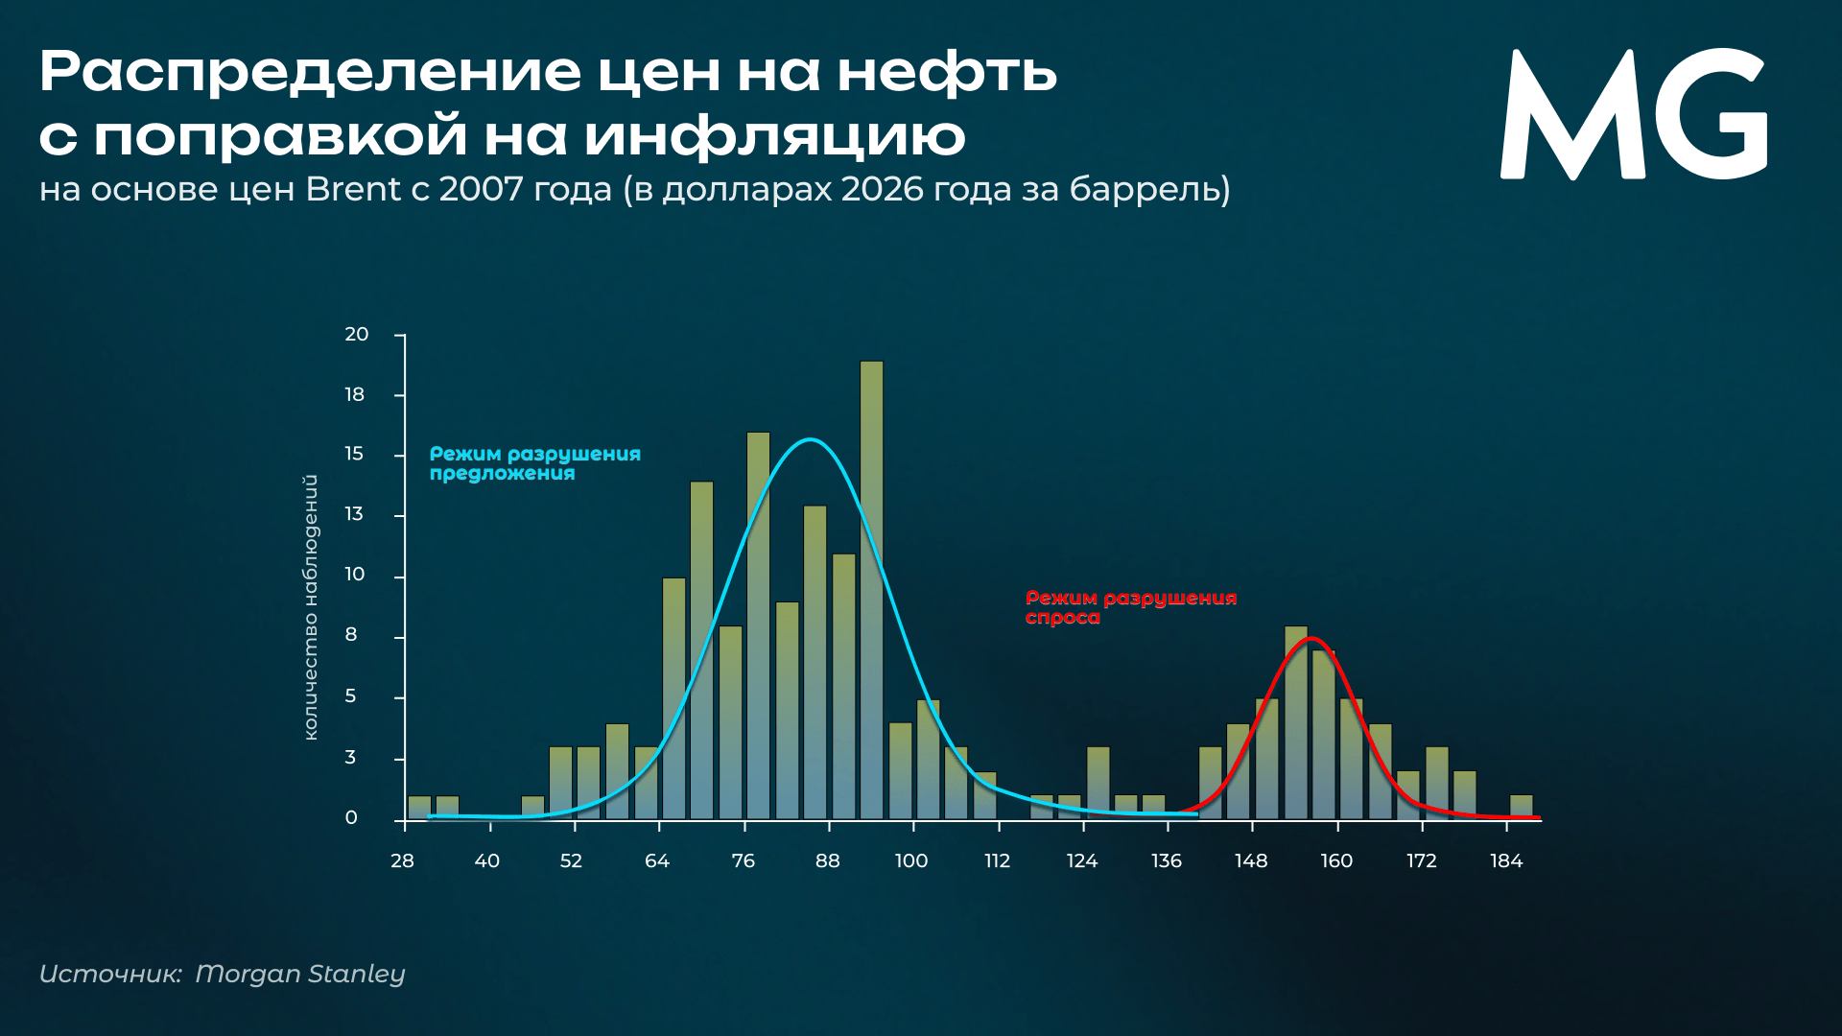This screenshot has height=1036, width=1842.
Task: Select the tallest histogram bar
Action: tap(871, 590)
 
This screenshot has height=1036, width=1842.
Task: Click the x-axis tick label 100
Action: tap(911, 861)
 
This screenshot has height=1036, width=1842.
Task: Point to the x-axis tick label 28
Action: tap(402, 861)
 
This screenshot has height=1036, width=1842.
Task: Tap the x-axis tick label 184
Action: tap(1506, 861)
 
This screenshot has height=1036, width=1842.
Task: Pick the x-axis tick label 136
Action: tap(1167, 861)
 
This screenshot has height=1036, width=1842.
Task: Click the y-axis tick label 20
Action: tap(357, 335)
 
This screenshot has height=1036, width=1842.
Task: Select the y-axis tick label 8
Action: tap(351, 635)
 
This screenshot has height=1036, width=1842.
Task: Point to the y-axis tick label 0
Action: tap(351, 818)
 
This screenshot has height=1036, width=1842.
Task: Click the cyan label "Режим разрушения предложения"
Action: tap(534, 463)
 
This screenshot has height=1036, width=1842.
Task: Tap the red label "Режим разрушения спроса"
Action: tap(1130, 607)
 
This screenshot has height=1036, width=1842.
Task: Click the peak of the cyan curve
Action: tap(811, 439)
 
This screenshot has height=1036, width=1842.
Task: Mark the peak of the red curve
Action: tap(1311, 638)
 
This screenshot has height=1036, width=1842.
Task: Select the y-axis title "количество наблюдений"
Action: tap(310, 607)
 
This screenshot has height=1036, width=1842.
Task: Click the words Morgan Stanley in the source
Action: tap(300, 974)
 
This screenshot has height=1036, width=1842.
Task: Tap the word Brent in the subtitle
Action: tap(353, 189)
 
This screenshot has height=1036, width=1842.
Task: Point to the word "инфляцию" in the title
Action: tap(775, 135)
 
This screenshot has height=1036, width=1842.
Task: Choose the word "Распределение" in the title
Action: tap(311, 72)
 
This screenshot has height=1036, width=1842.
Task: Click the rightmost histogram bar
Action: tap(1521, 808)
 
